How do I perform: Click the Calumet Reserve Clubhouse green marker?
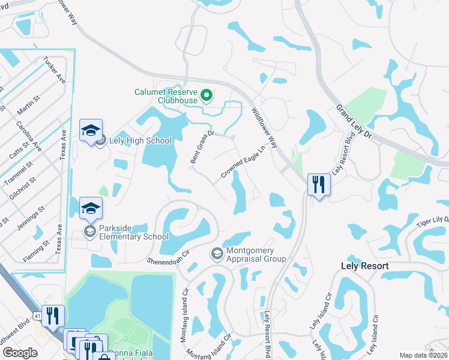(x=206, y=95)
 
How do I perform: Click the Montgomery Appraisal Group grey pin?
(x=216, y=254)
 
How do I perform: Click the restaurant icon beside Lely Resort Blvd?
(x=318, y=184)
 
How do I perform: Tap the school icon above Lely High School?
(x=91, y=130)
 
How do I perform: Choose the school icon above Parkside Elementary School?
(x=91, y=208)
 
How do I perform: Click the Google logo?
(x=20, y=353)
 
